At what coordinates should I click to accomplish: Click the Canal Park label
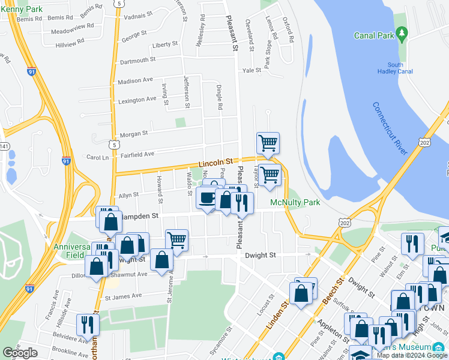click(x=374, y=35)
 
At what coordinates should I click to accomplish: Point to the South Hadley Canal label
click(x=396, y=68)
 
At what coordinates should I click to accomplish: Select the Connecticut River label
click(x=390, y=129)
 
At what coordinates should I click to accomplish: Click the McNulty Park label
click(x=295, y=202)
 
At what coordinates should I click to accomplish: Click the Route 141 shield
click(x=4, y=146)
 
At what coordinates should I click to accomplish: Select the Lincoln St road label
click(x=215, y=162)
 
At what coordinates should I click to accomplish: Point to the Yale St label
click(x=252, y=70)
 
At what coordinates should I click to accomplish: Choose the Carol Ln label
click(x=97, y=157)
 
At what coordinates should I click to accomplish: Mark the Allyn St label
click(x=128, y=195)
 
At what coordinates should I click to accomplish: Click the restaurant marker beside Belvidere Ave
click(x=89, y=325)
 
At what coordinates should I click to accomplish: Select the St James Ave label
click(x=123, y=296)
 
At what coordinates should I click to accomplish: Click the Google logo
click(x=20, y=353)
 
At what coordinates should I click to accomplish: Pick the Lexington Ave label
click(x=137, y=100)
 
